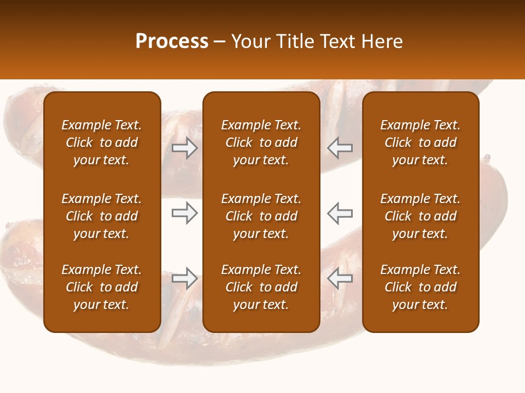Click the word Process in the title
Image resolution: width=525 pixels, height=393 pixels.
pyautogui.click(x=172, y=41)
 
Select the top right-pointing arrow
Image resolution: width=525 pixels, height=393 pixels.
pyautogui.click(x=185, y=148)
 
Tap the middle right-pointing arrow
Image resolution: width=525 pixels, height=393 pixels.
pyautogui.click(x=185, y=213)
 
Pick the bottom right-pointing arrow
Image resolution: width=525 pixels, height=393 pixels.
pyautogui.click(x=185, y=278)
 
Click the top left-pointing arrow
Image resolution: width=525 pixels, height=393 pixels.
pyautogui.click(x=340, y=148)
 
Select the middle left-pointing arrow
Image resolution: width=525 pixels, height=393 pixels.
pyautogui.click(x=340, y=213)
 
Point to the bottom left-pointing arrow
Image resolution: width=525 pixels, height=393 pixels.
pyautogui.click(x=340, y=278)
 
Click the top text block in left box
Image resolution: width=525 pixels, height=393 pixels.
pyautogui.click(x=102, y=142)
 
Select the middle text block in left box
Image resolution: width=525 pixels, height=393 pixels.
pyautogui.click(x=102, y=216)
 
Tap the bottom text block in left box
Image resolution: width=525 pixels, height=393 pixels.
pyautogui.click(x=102, y=287)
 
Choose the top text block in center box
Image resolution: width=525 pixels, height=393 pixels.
pyautogui.click(x=261, y=142)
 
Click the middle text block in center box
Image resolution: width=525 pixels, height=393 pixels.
pyautogui.click(x=261, y=216)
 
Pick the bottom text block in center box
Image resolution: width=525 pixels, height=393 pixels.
pyautogui.click(x=261, y=287)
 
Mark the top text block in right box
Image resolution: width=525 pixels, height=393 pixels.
pyautogui.click(x=421, y=142)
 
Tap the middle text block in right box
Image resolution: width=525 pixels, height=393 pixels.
pyautogui.click(x=421, y=216)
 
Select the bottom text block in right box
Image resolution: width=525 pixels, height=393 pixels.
pyautogui.click(x=421, y=287)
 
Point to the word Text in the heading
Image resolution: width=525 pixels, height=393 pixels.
pyautogui.click(x=337, y=41)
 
